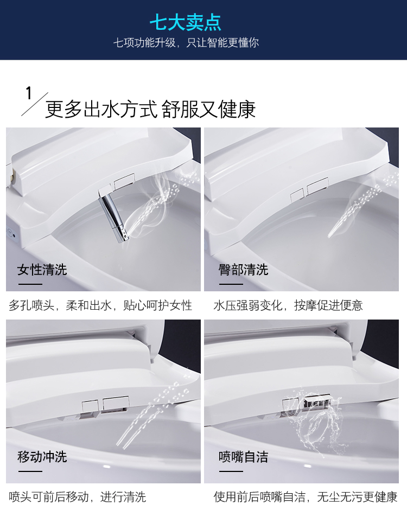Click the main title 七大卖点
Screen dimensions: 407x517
tap(186, 22)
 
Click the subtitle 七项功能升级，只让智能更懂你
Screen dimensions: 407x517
tap(186, 42)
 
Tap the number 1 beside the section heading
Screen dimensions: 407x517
tap(29, 93)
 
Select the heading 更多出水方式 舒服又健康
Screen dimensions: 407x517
tap(150, 109)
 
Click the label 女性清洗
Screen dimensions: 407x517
tap(42, 270)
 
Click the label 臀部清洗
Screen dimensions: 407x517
tap(244, 270)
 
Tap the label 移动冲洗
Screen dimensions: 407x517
tap(42, 457)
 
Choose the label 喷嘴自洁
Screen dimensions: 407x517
tap(244, 457)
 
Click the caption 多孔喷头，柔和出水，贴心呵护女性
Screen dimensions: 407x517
tap(100, 305)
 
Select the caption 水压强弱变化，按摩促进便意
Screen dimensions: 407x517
tap(288, 305)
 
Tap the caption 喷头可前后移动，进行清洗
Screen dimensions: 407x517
tap(77, 497)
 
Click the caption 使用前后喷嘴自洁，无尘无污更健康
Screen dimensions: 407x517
tap(306, 497)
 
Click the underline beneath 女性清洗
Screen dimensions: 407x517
tap(30, 284)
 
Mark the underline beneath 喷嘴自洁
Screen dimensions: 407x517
tap(231, 471)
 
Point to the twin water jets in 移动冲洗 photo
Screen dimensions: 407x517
tap(152, 416)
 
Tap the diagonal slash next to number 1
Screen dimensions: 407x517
tap(35, 104)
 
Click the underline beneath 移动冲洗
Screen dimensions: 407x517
tap(30, 471)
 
